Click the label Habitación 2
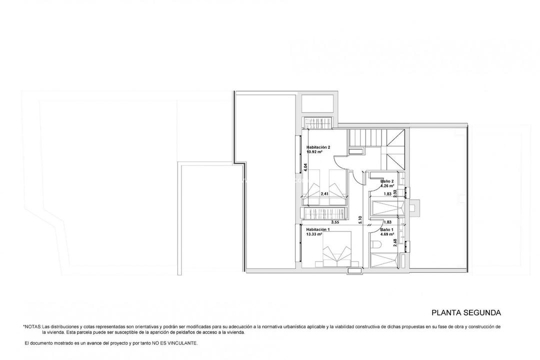point(318,147)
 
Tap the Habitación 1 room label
point(318,229)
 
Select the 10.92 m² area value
point(314,151)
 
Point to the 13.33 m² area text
point(314,233)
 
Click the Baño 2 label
point(387,181)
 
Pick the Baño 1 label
point(387,229)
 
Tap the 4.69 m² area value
point(387,233)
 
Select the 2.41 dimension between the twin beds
point(325,194)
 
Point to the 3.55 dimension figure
point(335,221)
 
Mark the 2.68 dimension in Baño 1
point(395,242)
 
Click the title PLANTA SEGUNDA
point(466,313)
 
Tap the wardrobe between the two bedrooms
point(325,213)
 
